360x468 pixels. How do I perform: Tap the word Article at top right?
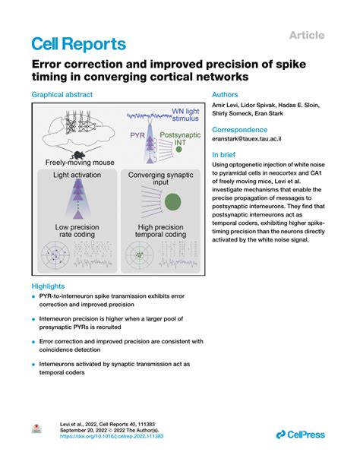pos(307,35)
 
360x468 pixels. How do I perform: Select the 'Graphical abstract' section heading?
pos(62,96)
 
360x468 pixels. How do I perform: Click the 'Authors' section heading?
pos(226,96)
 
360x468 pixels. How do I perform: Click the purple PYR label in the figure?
pos(137,134)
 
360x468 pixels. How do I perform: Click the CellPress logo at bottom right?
pos(300,435)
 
